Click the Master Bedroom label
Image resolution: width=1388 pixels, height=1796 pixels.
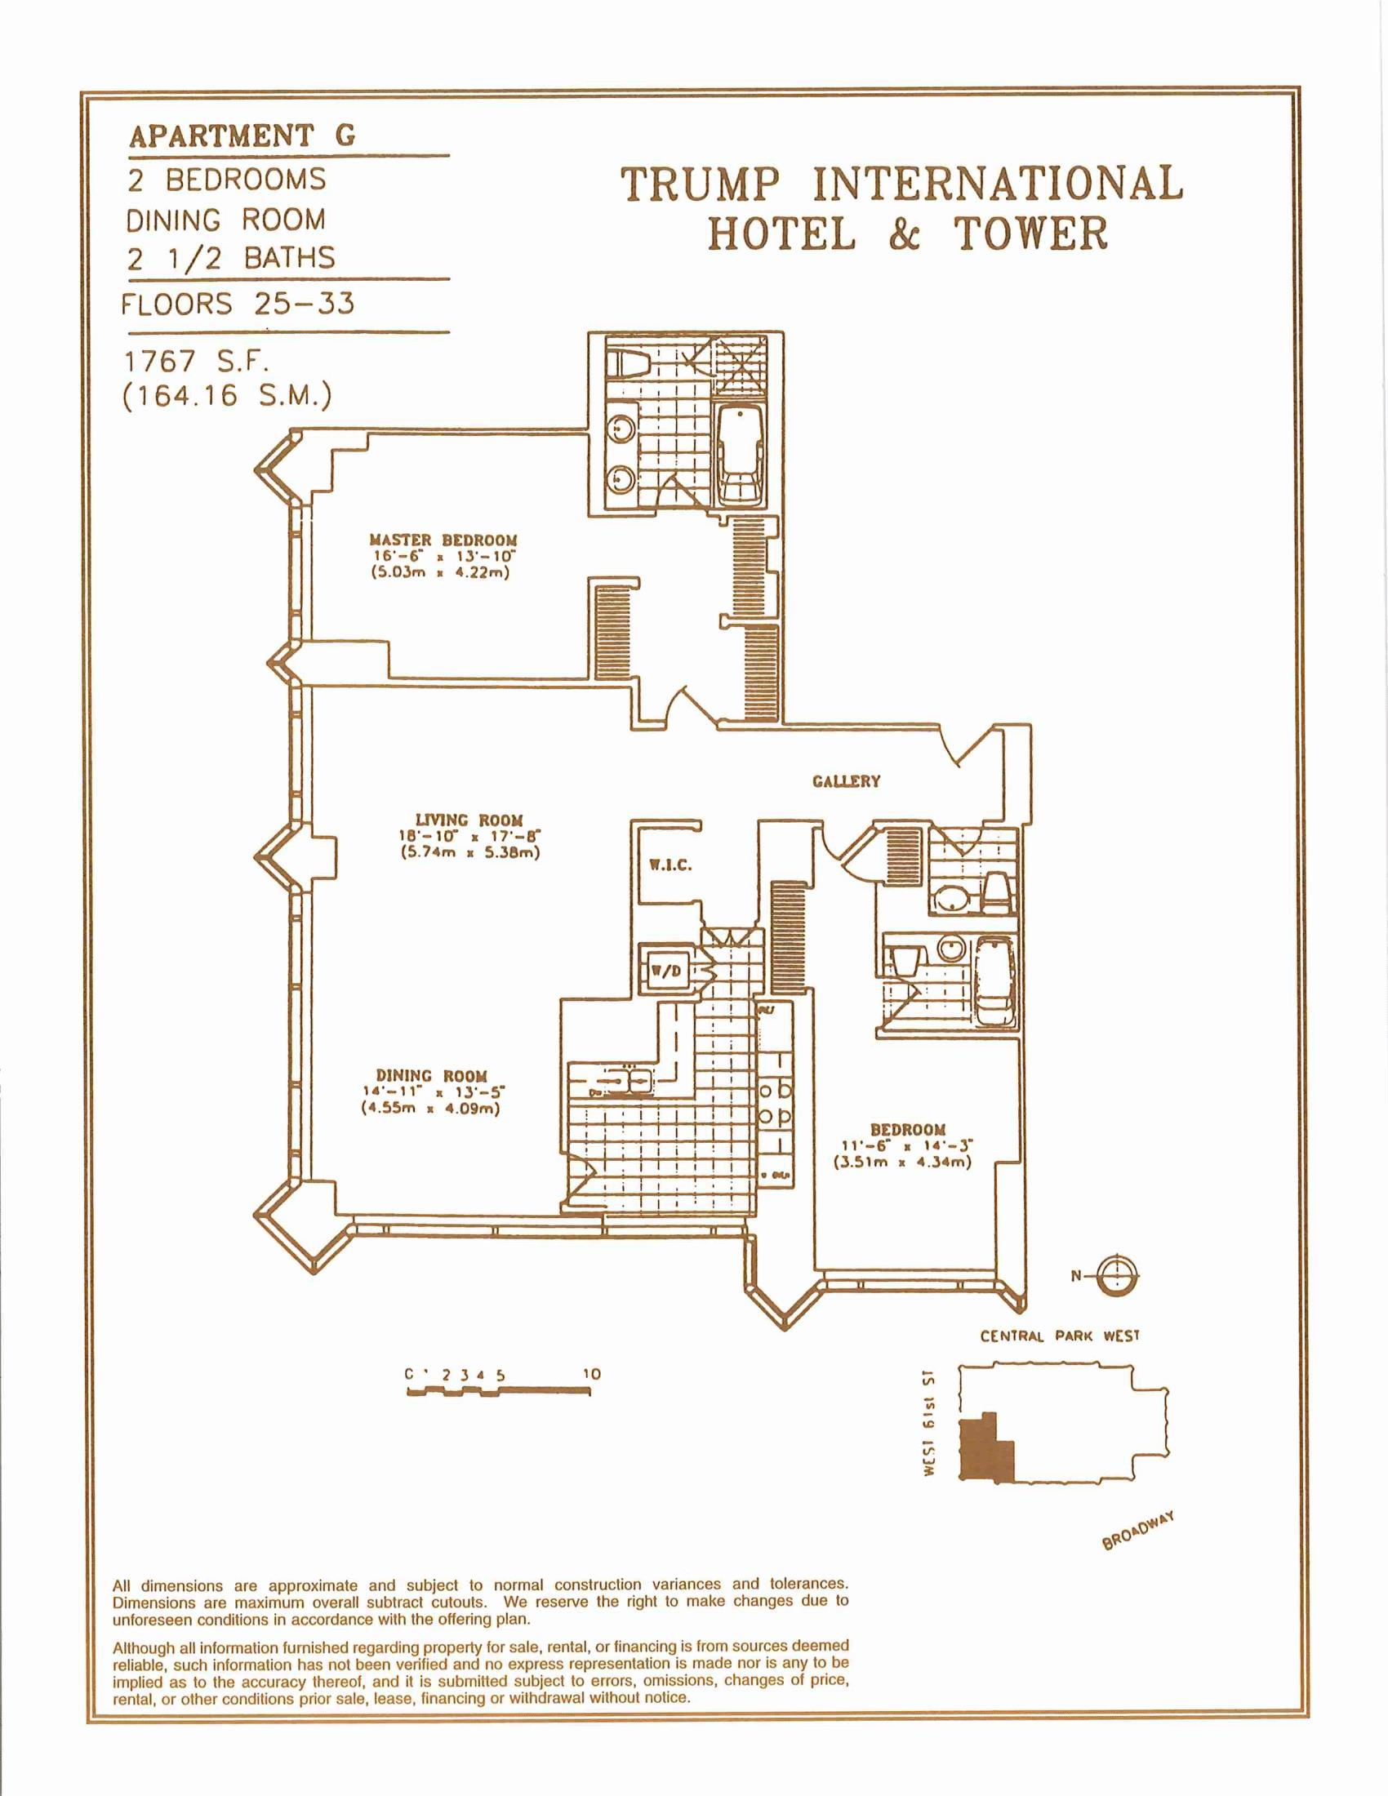pos(443,540)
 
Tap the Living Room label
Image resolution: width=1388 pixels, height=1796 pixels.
pos(469,820)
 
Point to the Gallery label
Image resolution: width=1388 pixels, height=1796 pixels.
pos(846,781)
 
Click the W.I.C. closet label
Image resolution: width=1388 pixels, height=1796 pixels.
pos(670,865)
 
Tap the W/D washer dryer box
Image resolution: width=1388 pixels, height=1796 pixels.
pos(665,971)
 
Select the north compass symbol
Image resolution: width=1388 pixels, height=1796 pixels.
pos(1119,1275)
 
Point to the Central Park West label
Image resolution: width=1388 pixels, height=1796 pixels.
pos(1059,1336)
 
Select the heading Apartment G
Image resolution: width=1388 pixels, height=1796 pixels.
pos(242,136)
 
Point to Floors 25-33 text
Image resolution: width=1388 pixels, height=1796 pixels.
pos(238,305)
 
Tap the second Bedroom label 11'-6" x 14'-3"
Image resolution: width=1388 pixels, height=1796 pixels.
pos(907,1144)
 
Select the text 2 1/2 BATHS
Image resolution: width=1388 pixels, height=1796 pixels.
pos(231,259)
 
